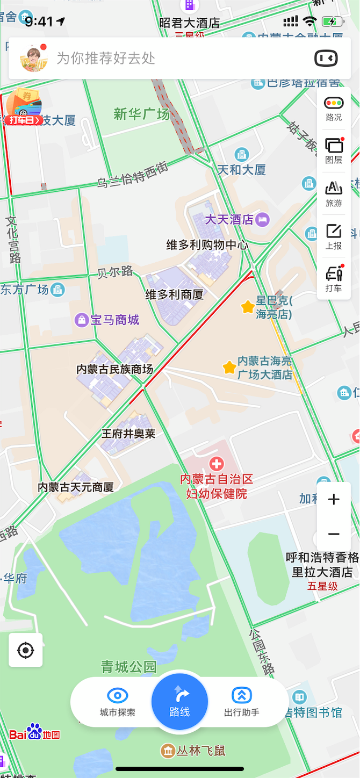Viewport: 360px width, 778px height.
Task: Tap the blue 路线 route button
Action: pyautogui.click(x=179, y=701)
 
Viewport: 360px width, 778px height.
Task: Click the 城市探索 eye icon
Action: pyautogui.click(x=118, y=696)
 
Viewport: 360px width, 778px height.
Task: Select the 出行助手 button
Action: pyautogui.click(x=242, y=696)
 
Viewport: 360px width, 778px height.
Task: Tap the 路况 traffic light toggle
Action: pyautogui.click(x=334, y=103)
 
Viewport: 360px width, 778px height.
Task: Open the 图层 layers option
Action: pyautogui.click(x=334, y=146)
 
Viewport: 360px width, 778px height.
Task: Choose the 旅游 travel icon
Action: pyautogui.click(x=334, y=189)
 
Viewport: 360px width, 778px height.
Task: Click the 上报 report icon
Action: pyautogui.click(x=334, y=232)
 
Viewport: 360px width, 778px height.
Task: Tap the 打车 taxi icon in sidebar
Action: pyautogui.click(x=334, y=275)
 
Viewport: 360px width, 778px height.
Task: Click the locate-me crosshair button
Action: pyautogui.click(x=25, y=650)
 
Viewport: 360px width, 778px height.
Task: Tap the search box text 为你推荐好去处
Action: pyautogui.click(x=106, y=59)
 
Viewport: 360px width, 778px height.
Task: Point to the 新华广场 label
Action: pyautogui.click(x=141, y=114)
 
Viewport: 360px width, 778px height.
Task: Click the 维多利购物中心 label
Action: pyautogui.click(x=207, y=245)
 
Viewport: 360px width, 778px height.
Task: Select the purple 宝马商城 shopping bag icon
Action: pyautogui.click(x=82, y=321)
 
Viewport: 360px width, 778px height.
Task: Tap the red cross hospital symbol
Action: pyautogui.click(x=217, y=463)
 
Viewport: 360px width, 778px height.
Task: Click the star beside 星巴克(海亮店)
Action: pyautogui.click(x=248, y=307)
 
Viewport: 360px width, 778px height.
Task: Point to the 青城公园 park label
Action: pyautogui.click(x=129, y=667)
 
